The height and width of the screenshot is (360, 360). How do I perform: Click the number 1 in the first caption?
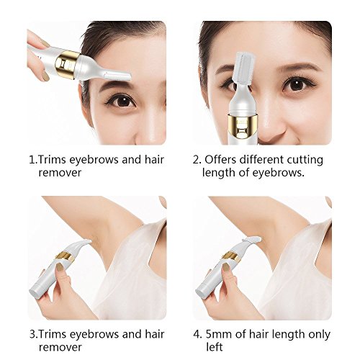[32, 160]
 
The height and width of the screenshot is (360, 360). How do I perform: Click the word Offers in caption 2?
[220, 160]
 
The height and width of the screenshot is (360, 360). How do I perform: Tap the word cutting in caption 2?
[305, 161]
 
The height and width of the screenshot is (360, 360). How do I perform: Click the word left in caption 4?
[215, 347]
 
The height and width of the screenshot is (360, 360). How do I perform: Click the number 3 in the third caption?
[32, 334]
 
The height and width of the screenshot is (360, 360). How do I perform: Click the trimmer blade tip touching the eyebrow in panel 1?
[129, 76]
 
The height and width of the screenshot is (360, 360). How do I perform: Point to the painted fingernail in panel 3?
[59, 267]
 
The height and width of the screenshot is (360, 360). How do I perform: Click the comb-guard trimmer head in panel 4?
[251, 240]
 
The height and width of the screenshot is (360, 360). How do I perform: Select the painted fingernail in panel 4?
[225, 267]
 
